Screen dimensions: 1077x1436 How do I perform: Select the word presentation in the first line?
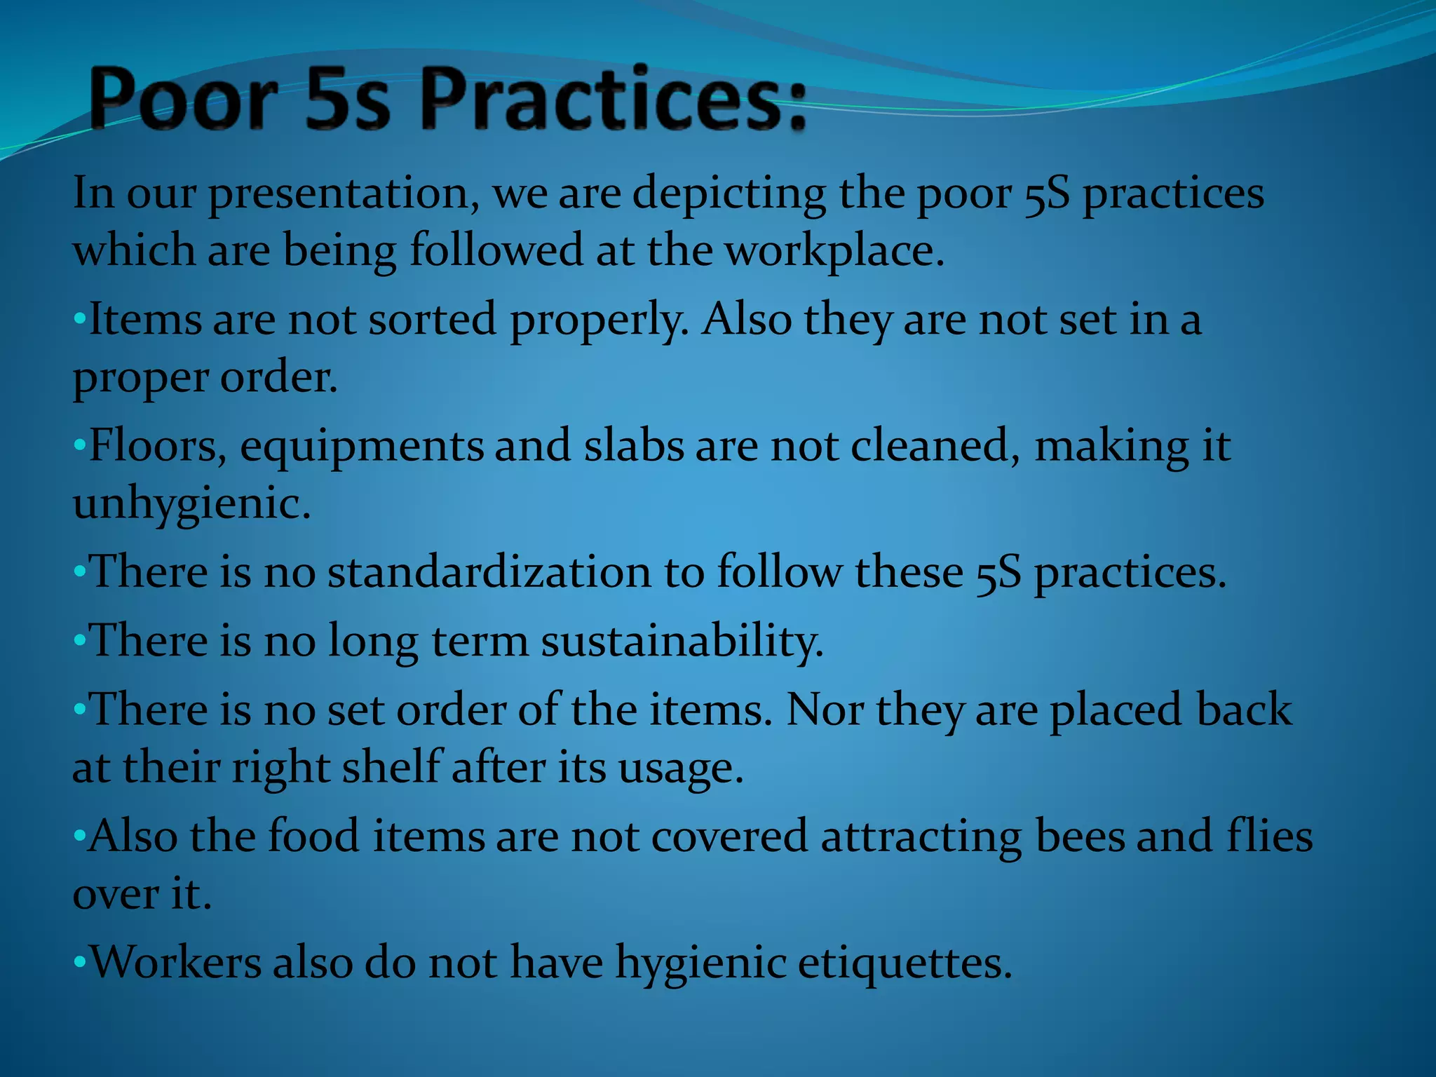point(339,194)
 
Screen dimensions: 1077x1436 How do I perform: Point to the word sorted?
point(432,320)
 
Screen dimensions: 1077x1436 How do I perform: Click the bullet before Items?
point(79,320)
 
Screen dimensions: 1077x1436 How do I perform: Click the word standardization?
point(489,572)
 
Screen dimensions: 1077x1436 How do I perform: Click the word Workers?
point(177,962)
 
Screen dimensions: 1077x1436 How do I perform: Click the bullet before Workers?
point(79,962)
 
